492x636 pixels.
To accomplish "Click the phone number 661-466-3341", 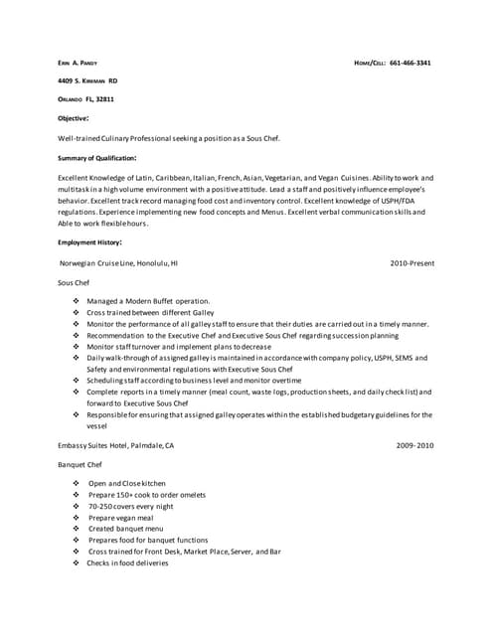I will click(x=410, y=63).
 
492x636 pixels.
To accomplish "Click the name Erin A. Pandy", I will click(x=78, y=63).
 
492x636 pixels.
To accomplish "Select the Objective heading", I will click(x=75, y=118).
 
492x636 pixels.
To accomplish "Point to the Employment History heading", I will click(x=90, y=241).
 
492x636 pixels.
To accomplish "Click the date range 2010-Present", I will click(x=411, y=263).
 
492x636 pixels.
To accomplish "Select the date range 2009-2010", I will click(x=414, y=445).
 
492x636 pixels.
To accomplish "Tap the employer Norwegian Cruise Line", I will click(x=99, y=263).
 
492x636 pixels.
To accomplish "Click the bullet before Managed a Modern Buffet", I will click(x=76, y=300).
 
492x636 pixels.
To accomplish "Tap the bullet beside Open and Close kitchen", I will click(x=76, y=483).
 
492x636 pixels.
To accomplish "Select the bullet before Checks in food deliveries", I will click(x=76, y=562).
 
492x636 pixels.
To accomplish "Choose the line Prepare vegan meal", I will click(x=121, y=517).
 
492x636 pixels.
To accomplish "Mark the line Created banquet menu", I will click(x=125, y=529).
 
